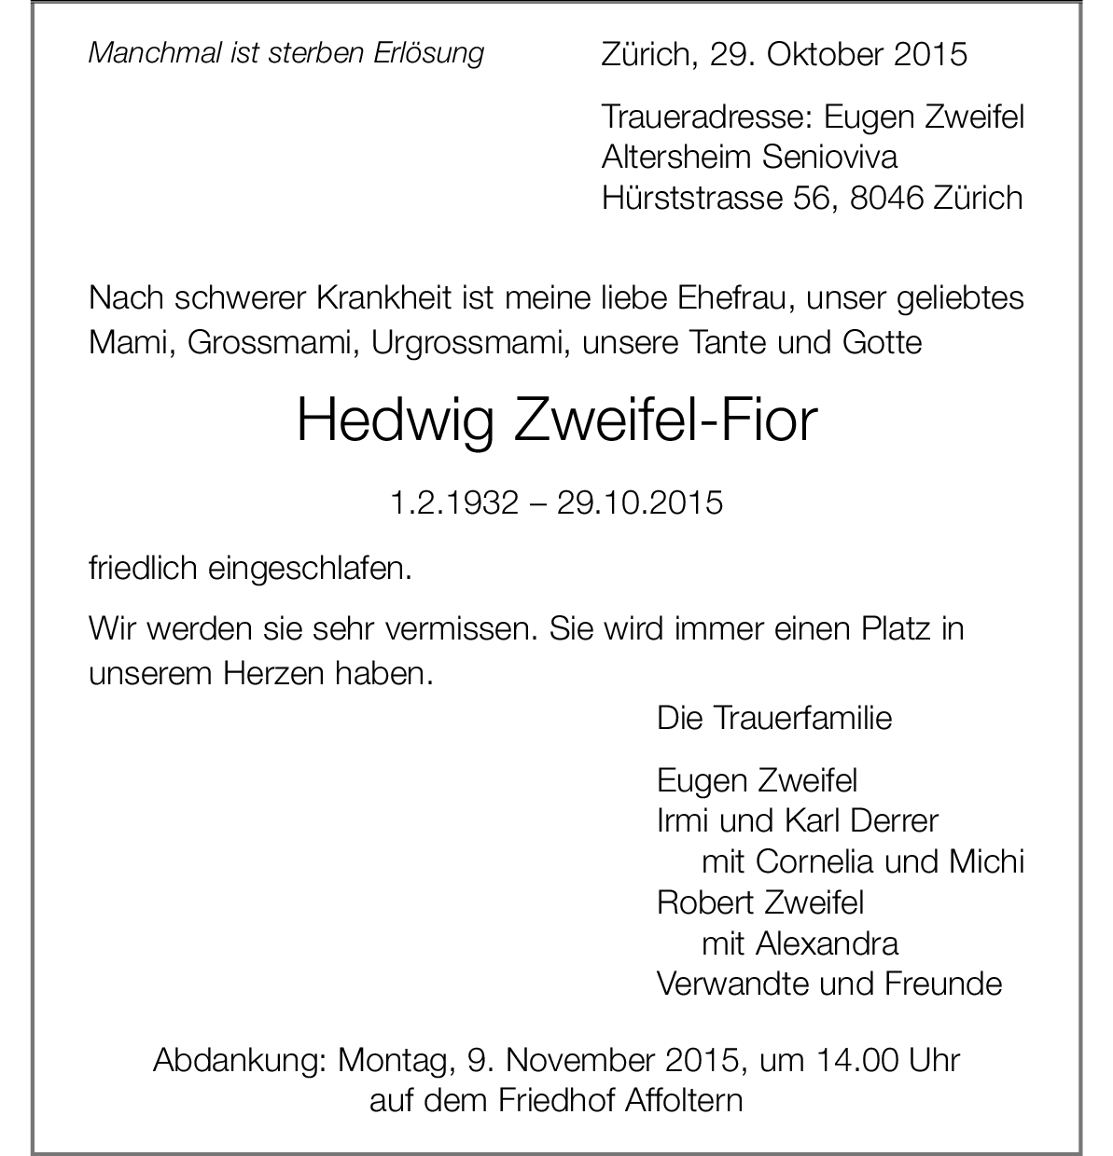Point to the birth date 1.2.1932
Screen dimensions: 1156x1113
pos(453,503)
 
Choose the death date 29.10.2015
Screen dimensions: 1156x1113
pos(640,503)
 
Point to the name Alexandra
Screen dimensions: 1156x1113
pos(827,943)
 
